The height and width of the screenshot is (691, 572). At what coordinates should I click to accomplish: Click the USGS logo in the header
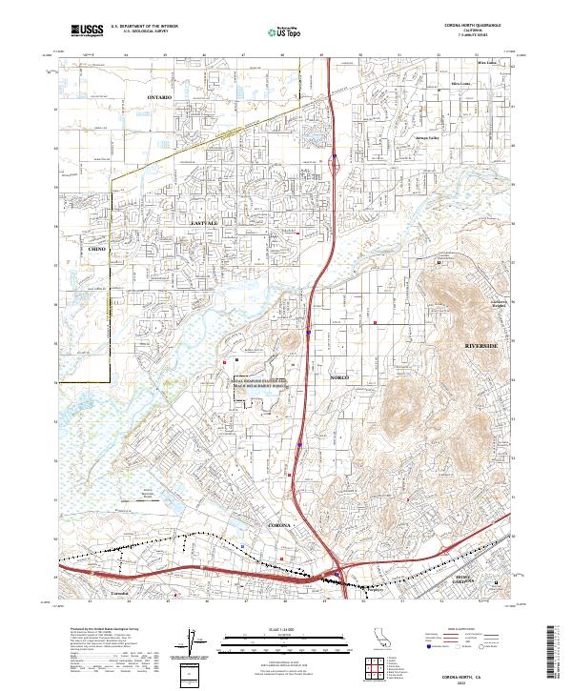click(x=88, y=30)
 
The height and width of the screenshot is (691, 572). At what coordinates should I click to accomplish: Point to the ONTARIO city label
click(x=161, y=98)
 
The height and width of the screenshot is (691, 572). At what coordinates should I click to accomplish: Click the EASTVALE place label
click(x=205, y=223)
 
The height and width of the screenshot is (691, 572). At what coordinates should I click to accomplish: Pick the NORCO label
click(x=340, y=378)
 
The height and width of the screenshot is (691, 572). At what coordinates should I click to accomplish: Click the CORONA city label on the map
click(x=278, y=525)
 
